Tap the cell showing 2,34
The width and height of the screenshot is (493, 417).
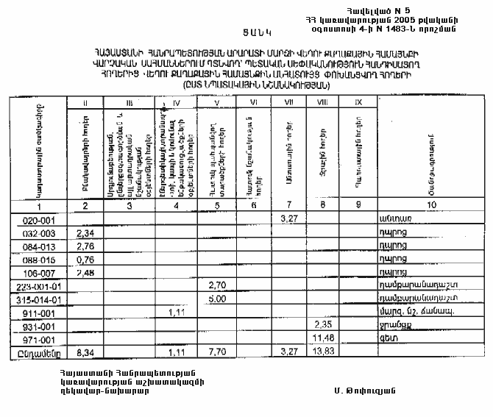pyautogui.click(x=87, y=232)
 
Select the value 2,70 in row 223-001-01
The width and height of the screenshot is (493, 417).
pyautogui.click(x=216, y=285)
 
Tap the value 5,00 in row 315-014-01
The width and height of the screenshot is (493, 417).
pyautogui.click(x=216, y=298)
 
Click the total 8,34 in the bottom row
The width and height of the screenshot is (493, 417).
pyautogui.click(x=87, y=352)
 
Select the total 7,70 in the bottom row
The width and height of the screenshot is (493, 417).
pyautogui.click(x=216, y=352)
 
